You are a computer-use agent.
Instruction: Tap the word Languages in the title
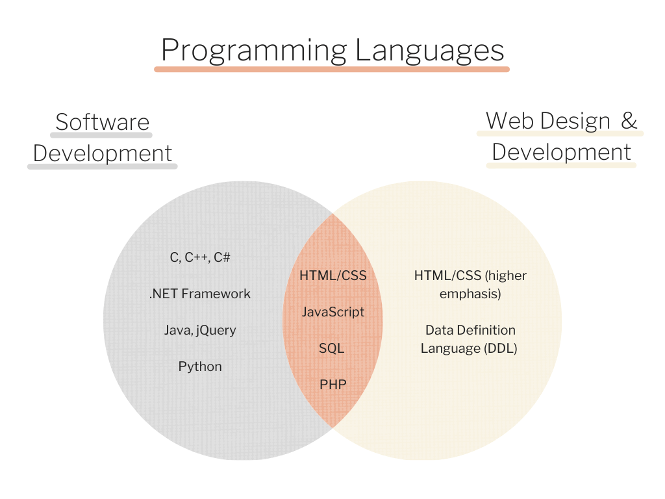429,50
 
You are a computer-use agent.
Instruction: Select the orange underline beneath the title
331,68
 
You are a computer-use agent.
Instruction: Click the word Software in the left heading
102,122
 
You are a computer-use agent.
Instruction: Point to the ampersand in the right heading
629,120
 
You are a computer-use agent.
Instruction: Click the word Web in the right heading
507,120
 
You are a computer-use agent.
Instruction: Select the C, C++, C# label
200,257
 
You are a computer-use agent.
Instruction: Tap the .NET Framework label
200,294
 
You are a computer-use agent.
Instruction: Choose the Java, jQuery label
200,330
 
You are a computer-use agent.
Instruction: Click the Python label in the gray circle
200,366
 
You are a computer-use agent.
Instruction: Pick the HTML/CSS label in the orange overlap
333,275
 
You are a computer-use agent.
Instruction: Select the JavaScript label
333,312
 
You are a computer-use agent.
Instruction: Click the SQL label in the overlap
331,348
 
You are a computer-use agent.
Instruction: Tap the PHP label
333,385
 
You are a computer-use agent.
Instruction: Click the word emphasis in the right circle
470,294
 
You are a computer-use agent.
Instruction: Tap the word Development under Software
103,153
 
